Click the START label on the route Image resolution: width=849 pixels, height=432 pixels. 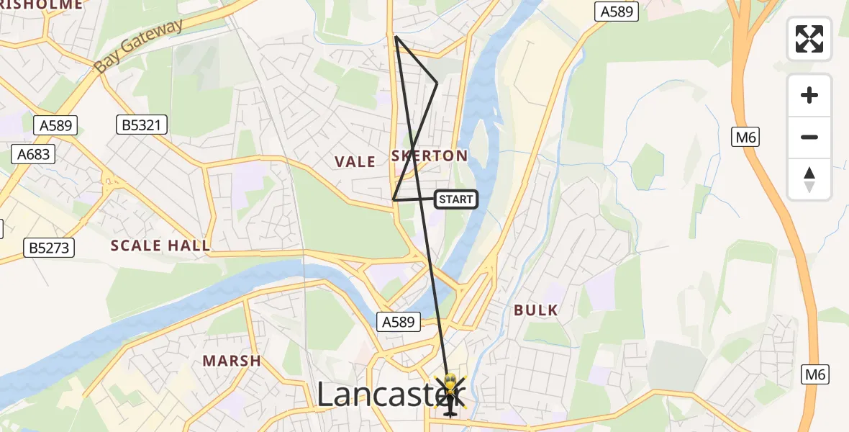(456, 199)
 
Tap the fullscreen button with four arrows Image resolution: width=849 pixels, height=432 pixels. (809, 39)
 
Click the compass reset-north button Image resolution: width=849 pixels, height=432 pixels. (809, 179)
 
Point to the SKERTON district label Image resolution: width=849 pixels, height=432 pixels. (430, 156)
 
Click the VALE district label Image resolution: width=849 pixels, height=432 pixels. (355, 162)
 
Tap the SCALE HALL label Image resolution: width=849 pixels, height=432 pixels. (160, 246)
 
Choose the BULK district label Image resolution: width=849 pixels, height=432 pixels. (536, 310)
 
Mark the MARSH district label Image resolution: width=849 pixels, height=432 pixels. (232, 361)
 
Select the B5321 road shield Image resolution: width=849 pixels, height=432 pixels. (142, 126)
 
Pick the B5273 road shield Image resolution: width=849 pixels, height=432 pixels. (49, 248)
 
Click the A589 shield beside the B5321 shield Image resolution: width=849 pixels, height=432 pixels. (56, 126)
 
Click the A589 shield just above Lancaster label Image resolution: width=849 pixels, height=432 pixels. (399, 322)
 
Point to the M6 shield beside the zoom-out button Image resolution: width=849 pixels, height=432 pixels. (746, 137)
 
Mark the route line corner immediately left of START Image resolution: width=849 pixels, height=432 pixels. (394, 199)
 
